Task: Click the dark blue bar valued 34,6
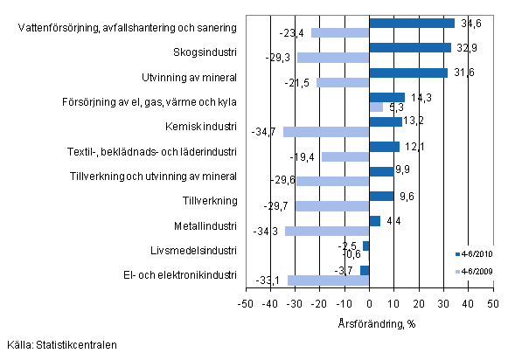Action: coord(412,23)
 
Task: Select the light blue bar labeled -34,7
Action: coord(326,132)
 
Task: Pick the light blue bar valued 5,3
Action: coord(376,107)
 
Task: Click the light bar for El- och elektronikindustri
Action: coord(328,280)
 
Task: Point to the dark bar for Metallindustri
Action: coord(374,220)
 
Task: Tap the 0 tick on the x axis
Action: coord(369,303)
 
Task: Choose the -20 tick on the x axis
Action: coord(319,303)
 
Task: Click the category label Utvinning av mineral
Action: coord(189,79)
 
